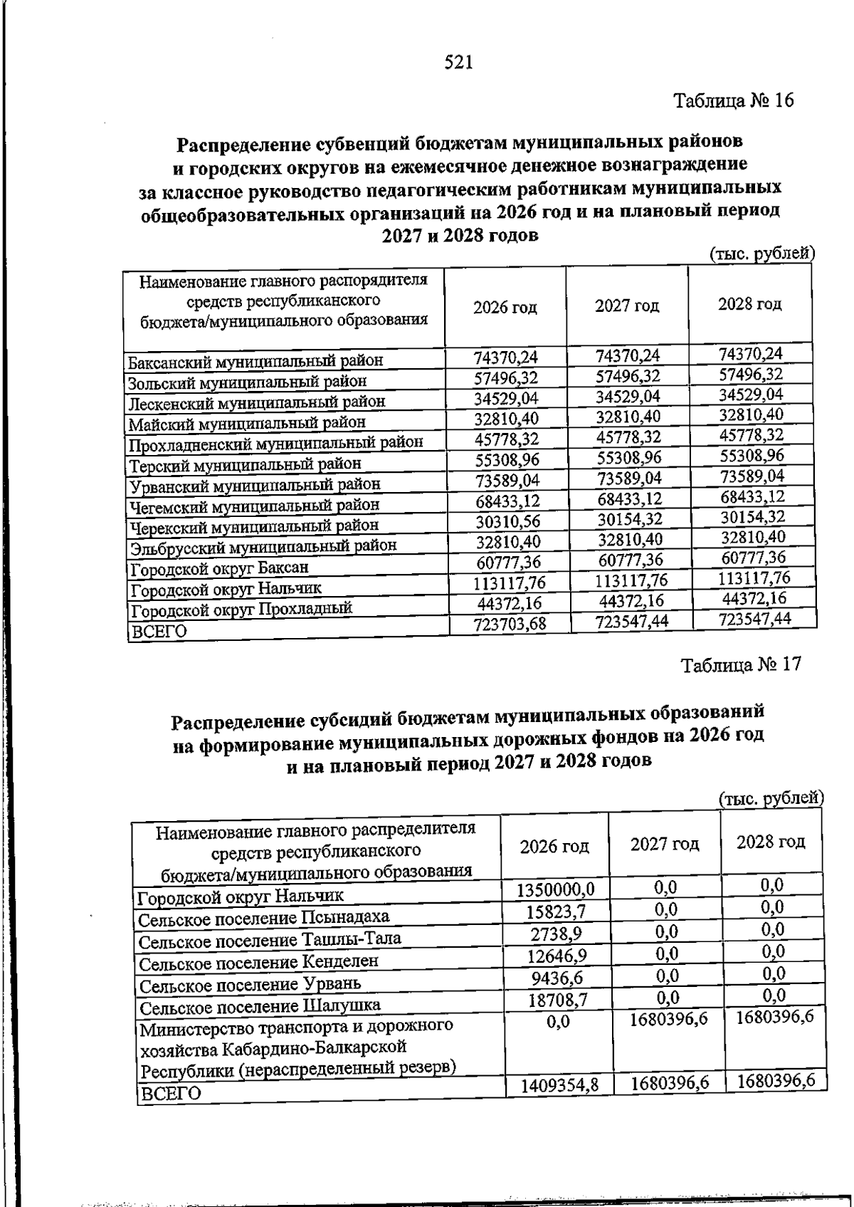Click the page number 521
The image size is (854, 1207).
pos(458,63)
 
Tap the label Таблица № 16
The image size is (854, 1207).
pos(733,100)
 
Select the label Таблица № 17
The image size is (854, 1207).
pos(741,665)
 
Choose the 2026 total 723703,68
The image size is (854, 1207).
pos(510,625)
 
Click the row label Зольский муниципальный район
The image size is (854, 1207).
pos(247,382)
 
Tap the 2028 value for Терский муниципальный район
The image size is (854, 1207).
pos(751,455)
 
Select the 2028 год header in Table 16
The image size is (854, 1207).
pos(749,304)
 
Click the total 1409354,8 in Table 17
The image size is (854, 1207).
pos(559,1085)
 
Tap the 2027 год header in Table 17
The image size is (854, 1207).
pos(665,845)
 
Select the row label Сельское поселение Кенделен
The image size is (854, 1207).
pos(258,963)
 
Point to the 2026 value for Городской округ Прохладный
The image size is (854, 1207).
pos(510,603)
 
